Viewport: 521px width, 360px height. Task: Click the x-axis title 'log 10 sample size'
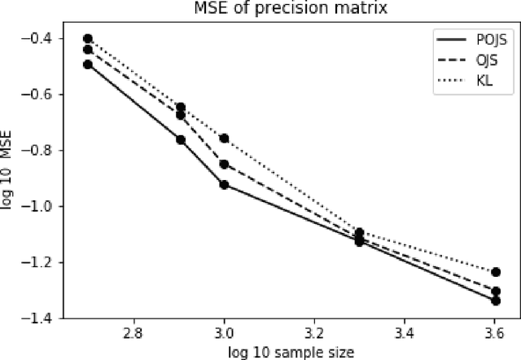tap(281, 350)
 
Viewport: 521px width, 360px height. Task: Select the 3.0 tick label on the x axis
tap(224, 332)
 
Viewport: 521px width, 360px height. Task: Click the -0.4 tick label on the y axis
tap(39, 39)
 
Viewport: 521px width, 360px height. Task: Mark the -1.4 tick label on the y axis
tap(39, 318)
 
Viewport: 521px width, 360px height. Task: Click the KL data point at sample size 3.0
tap(224, 138)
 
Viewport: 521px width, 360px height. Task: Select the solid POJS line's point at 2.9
tap(181, 140)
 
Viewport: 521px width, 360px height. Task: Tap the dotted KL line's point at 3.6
tap(496, 272)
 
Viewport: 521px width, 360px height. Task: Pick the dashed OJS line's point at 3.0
tap(224, 165)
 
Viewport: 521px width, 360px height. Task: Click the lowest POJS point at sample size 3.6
tap(496, 301)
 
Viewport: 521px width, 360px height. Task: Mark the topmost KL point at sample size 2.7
tap(88, 38)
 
